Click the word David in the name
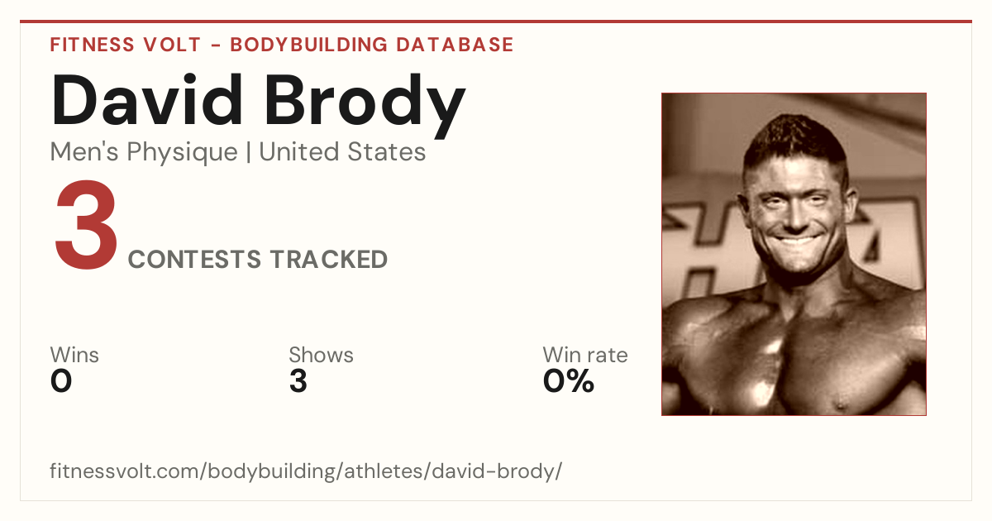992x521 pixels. click(x=147, y=100)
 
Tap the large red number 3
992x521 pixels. click(x=86, y=224)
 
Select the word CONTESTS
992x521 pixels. click(x=194, y=259)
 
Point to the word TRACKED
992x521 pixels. click(x=329, y=259)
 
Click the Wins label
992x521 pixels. click(x=74, y=355)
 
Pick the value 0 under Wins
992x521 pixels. click(x=61, y=381)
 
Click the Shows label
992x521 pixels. click(x=321, y=355)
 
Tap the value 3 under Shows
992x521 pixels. click(x=298, y=381)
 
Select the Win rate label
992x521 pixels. click(x=585, y=355)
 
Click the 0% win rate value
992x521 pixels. click(x=569, y=381)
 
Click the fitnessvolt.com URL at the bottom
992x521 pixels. click(x=306, y=471)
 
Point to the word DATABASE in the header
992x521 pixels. click(x=455, y=45)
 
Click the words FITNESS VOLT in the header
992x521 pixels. click(x=126, y=45)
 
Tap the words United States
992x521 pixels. click(x=342, y=152)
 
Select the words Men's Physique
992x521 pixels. click(x=144, y=153)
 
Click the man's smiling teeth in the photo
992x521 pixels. click(x=795, y=241)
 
